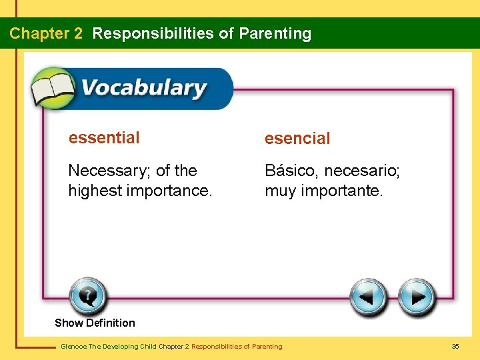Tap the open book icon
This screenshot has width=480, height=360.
pyautogui.click(x=54, y=87)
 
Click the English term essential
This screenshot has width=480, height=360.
pyautogui.click(x=104, y=138)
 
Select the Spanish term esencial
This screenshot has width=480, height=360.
pyautogui.click(x=297, y=139)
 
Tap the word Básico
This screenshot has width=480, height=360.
pyautogui.click(x=291, y=171)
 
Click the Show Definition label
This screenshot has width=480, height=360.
pyautogui.click(x=95, y=323)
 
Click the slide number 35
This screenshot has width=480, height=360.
pyautogui.click(x=455, y=346)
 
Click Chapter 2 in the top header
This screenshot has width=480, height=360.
pyautogui.click(x=46, y=33)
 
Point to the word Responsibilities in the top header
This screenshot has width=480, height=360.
pyautogui.click(x=154, y=33)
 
